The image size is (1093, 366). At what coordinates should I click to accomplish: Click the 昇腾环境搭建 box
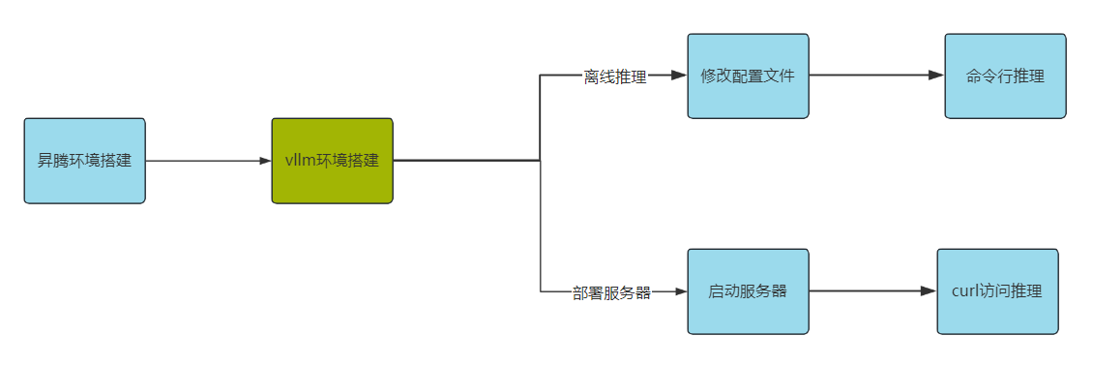(x=84, y=161)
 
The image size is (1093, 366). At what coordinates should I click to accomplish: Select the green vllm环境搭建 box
(x=332, y=161)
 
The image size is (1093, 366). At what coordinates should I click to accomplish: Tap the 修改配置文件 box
(x=748, y=76)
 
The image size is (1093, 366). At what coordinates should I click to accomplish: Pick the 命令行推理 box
(x=1005, y=76)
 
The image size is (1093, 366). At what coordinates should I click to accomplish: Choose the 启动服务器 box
(x=748, y=291)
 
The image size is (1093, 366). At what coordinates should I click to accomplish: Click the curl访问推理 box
(x=997, y=291)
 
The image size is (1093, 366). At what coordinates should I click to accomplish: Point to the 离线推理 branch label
(x=615, y=76)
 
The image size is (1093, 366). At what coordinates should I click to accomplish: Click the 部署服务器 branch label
(x=611, y=292)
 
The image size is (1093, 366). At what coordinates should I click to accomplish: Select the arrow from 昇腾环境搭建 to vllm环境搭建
(x=208, y=161)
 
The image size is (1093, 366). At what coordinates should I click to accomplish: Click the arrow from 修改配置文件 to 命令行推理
(x=875, y=76)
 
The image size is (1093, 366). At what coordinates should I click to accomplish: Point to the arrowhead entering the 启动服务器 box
(x=680, y=291)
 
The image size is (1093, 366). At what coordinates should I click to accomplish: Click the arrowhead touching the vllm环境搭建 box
(x=265, y=161)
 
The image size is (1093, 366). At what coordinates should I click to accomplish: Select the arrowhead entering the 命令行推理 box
(x=936, y=76)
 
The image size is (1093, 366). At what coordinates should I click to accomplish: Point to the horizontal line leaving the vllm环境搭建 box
(x=464, y=161)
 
